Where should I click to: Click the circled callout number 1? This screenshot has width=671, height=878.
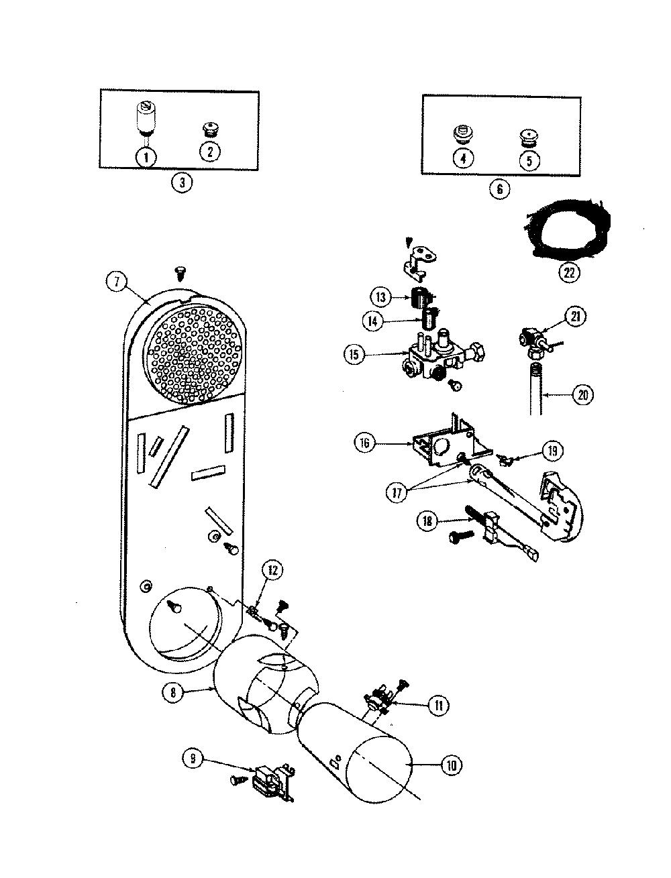146,156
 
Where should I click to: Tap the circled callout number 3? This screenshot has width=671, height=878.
182,182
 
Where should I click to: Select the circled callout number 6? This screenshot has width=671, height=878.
499,188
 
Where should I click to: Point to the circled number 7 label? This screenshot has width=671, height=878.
116,282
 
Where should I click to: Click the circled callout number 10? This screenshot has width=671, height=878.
452,765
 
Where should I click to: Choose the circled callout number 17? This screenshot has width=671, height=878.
397,492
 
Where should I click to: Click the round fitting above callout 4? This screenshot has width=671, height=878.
464,135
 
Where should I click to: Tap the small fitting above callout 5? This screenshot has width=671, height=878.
529,137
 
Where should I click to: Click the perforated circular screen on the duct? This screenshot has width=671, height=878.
193,354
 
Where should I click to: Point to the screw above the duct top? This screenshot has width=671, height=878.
180,275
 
